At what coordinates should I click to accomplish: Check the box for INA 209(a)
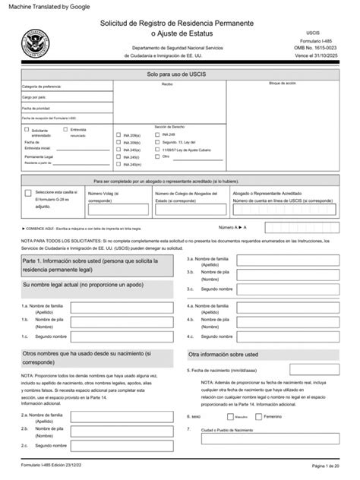click(x=118, y=135)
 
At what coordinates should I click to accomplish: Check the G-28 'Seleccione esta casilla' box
click(x=29, y=194)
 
